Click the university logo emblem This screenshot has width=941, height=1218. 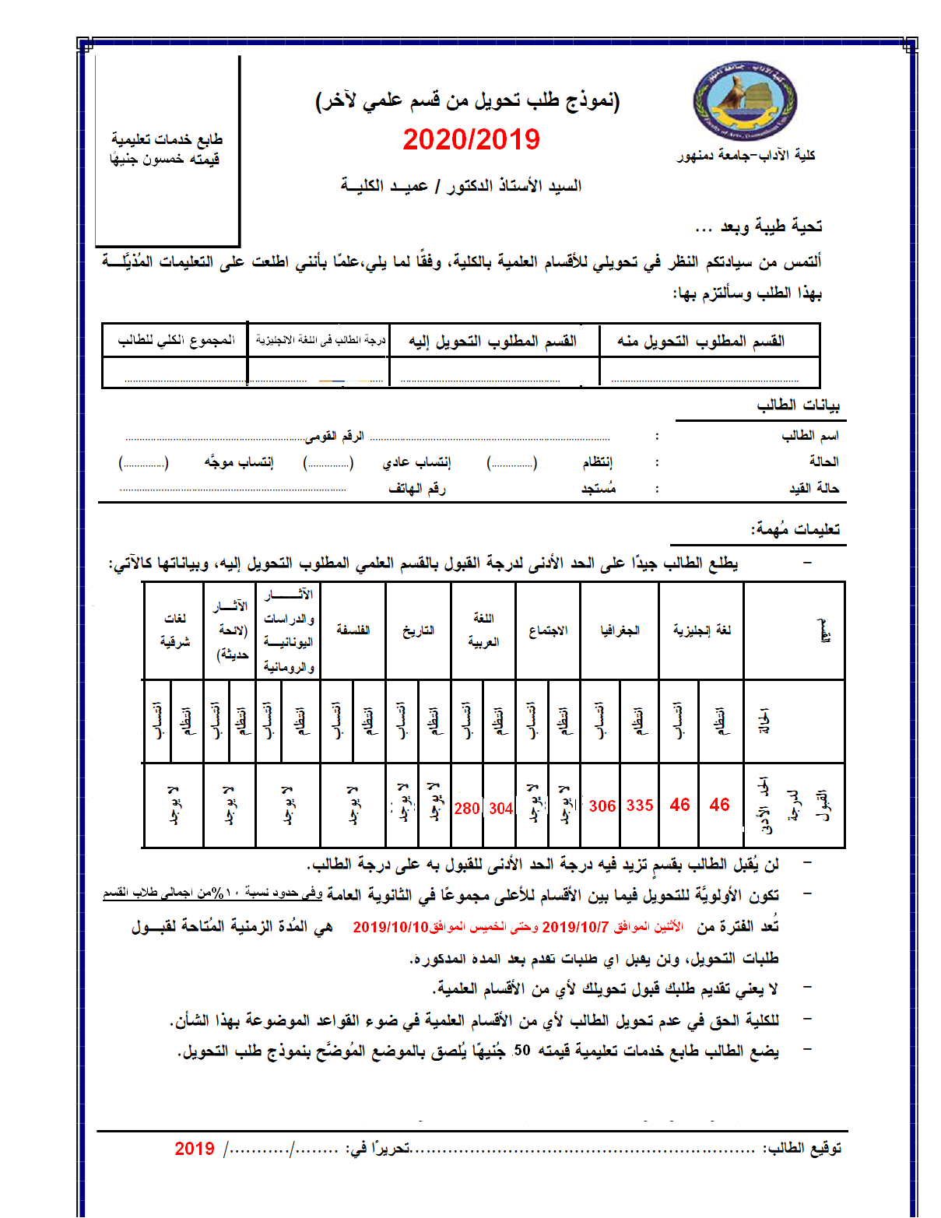click(745, 102)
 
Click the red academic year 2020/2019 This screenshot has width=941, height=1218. click(471, 140)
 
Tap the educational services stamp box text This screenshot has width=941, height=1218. click(166, 149)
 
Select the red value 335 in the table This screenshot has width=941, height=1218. click(639, 806)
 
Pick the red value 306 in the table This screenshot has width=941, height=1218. click(602, 806)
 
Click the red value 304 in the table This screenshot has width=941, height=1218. click(500, 809)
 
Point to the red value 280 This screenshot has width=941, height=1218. click(466, 809)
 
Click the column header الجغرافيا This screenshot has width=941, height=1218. click(620, 630)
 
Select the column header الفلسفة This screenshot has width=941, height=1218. click(353, 630)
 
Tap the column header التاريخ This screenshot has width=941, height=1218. click(418, 630)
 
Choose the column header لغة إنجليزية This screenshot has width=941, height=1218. click(702, 630)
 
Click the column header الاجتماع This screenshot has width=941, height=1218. click(548, 630)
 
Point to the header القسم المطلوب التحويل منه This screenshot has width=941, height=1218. click(700, 341)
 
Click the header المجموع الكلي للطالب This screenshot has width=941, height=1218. click(176, 340)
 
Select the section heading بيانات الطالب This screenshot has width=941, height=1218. click(798, 405)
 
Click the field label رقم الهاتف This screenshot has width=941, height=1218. click(416, 488)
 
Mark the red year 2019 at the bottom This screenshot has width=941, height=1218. click(195, 1149)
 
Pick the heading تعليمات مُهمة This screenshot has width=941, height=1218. click(795, 529)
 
